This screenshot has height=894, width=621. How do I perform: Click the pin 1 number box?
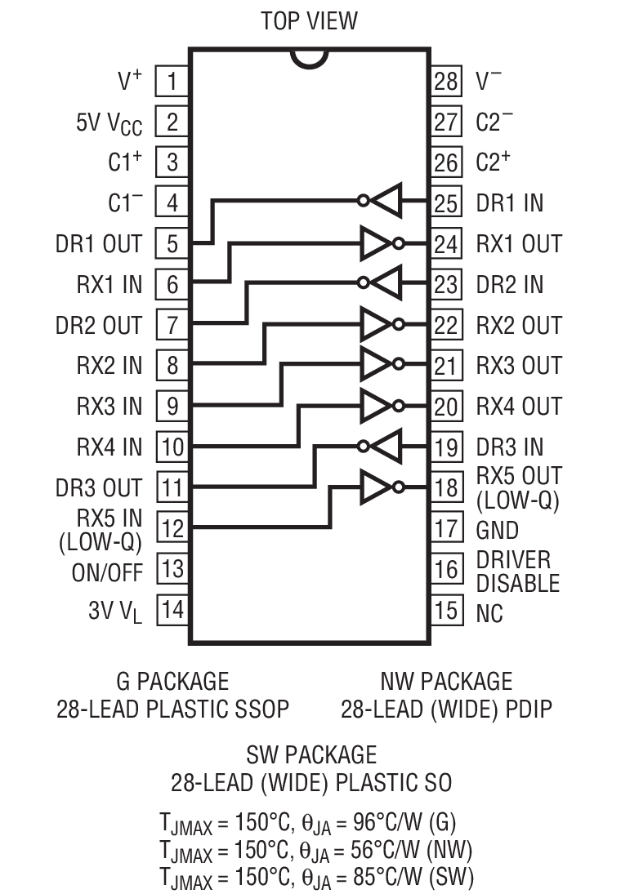[x=172, y=81]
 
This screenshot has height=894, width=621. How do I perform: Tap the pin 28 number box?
[x=446, y=81]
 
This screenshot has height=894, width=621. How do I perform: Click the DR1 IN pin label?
[x=509, y=202]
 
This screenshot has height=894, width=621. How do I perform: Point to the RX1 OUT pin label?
[x=519, y=243]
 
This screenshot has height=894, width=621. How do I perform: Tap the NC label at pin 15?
[x=490, y=612]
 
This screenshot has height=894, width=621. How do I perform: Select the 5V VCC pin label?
[x=109, y=122]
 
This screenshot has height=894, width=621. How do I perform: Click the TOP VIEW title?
[x=309, y=20]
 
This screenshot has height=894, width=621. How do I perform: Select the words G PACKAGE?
[x=172, y=681]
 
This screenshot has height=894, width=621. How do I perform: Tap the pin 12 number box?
[x=172, y=528]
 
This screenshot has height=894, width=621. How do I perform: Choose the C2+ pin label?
[x=494, y=162]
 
